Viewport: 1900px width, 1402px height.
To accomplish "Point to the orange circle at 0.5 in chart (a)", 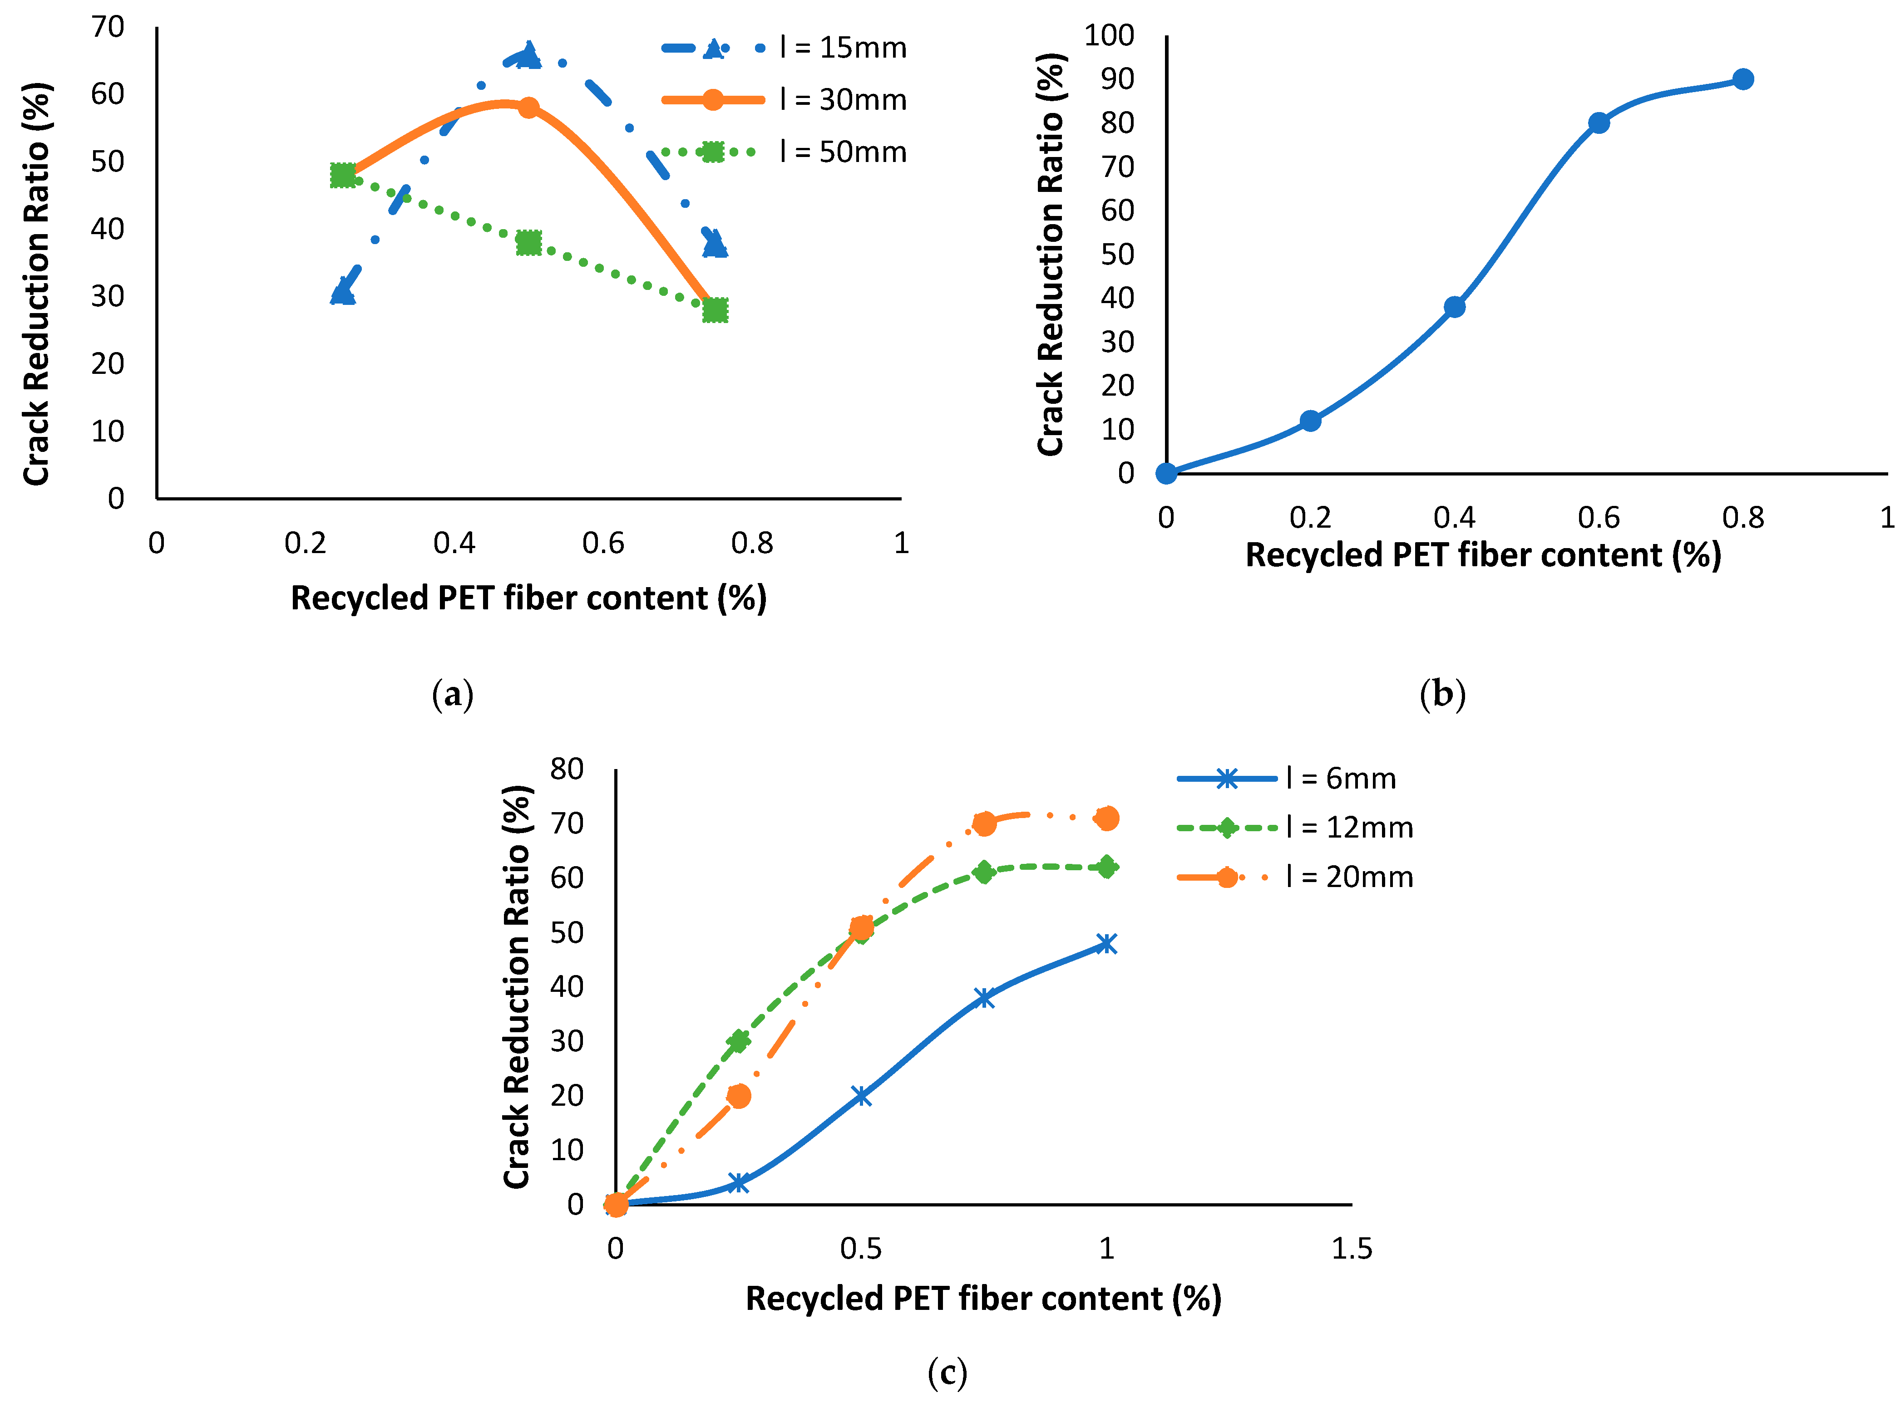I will pos(529,108).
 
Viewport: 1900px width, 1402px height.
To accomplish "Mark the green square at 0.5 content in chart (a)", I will pos(529,243).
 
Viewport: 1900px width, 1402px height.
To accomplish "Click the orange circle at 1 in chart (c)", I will pos(1107,818).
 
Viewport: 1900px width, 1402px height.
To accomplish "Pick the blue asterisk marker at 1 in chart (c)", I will pos(1106,944).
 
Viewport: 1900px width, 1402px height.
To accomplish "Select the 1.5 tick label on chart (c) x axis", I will pos(1352,1248).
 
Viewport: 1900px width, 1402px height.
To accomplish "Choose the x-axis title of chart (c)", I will pos(983,1299).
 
